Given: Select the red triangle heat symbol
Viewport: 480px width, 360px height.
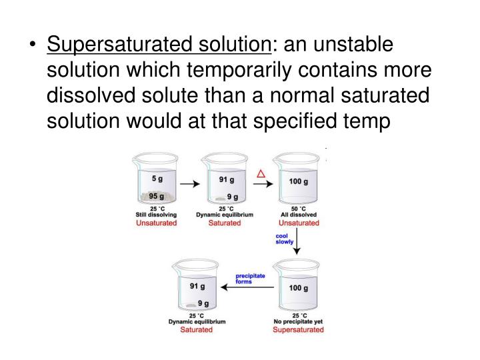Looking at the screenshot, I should coord(262,174).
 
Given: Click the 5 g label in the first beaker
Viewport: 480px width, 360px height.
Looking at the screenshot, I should coord(157,179).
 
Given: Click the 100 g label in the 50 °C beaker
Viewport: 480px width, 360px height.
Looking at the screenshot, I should coord(298,181).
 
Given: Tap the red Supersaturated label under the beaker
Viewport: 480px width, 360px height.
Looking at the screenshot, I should coord(298,330).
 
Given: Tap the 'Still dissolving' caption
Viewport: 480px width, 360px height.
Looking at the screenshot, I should coord(157,215).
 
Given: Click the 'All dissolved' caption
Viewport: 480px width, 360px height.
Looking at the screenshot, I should coord(298,215).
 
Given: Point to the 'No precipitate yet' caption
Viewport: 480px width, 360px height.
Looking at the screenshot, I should coord(298,322).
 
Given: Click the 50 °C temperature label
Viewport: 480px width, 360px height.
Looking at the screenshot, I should coord(298,208).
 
